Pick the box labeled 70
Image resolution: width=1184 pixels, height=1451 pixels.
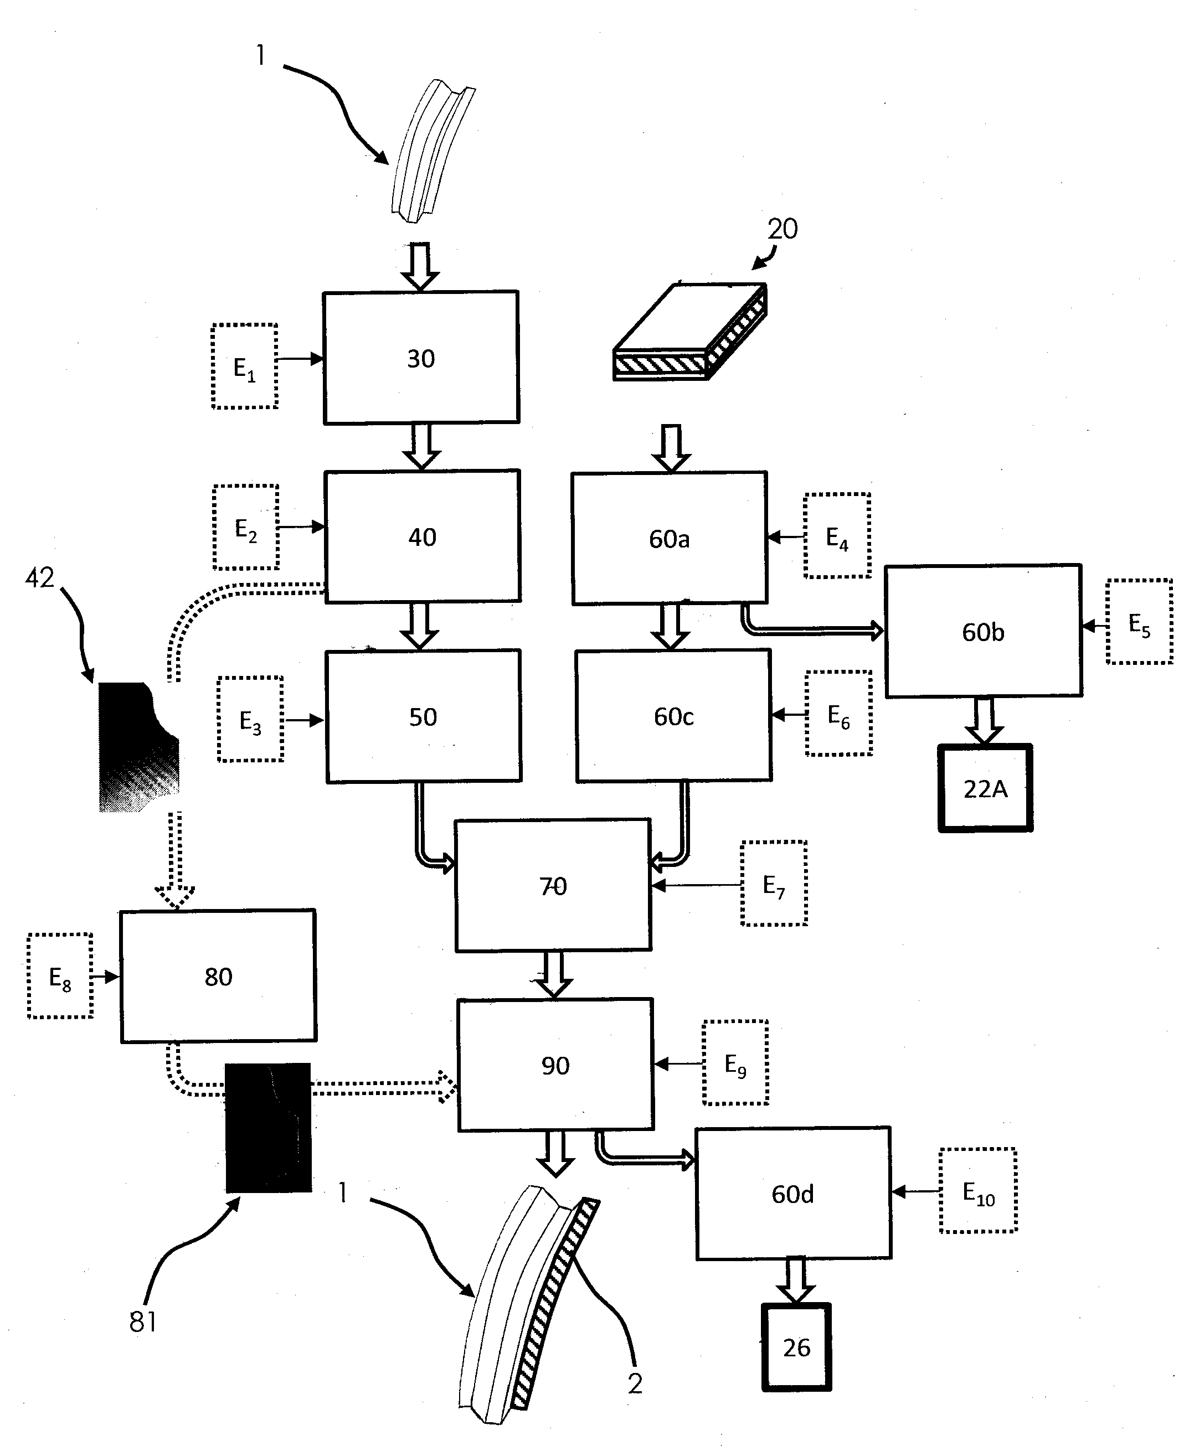coord(553,885)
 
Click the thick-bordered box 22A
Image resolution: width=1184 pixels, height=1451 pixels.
coord(985,788)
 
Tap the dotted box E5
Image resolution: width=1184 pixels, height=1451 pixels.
coord(1139,621)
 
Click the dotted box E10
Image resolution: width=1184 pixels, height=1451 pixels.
coord(978,1191)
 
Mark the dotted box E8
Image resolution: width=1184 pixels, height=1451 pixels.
coord(60,977)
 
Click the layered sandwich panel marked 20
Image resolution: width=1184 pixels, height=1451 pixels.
coord(689,332)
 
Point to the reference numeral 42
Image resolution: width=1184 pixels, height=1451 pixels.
coord(39,578)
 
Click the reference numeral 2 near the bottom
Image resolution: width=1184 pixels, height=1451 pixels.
coord(635,1383)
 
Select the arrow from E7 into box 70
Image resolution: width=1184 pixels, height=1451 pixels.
coord(696,885)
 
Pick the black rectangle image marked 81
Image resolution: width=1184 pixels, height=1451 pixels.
coord(268,1128)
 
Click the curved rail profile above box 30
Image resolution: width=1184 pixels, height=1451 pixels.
coord(433,151)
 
